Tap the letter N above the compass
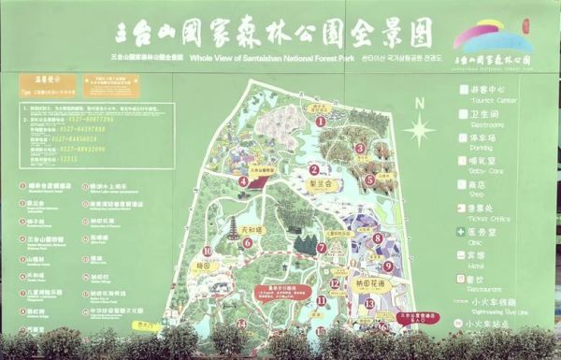[x=421, y=103]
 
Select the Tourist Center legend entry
[x=486, y=92]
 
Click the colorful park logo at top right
[x=492, y=39]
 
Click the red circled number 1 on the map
[x=321, y=121]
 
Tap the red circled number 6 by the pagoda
[x=248, y=242]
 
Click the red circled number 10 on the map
[x=207, y=252]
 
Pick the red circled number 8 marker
[x=376, y=238]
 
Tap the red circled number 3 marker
[x=360, y=148]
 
